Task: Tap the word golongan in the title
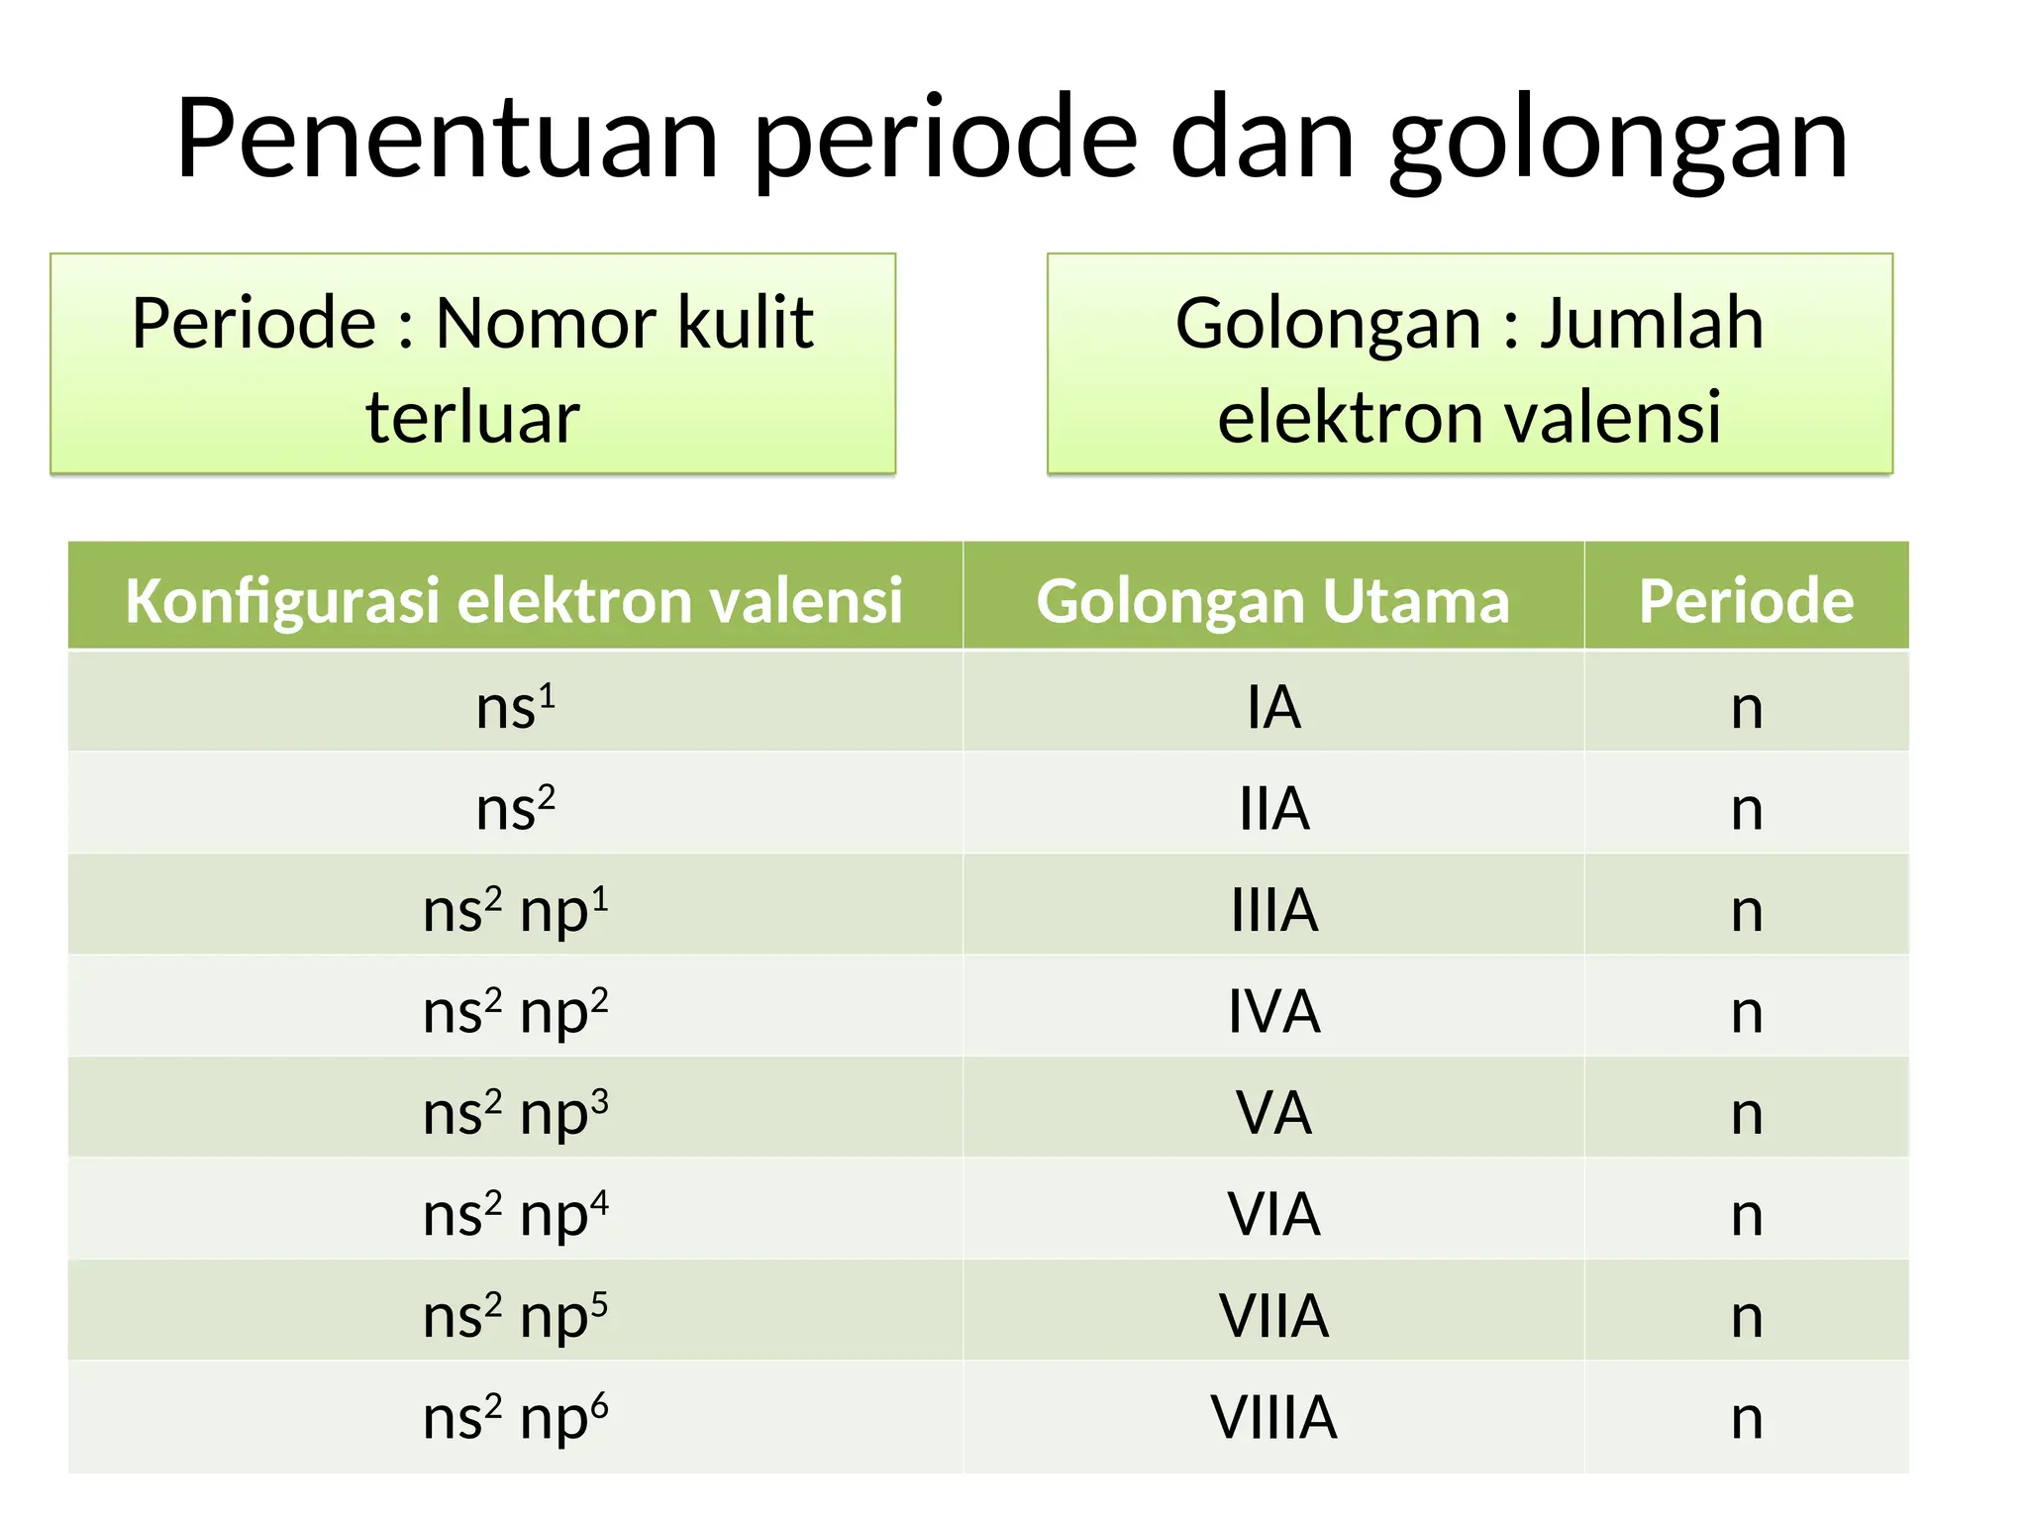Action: [1618, 141]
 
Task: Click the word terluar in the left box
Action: [472, 417]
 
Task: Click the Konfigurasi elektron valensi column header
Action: [514, 600]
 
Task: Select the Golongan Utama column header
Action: [1272, 600]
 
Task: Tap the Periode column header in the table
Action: [1746, 600]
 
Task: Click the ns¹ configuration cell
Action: [515, 706]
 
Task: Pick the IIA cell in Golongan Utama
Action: [1273, 808]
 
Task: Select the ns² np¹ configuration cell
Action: [515, 909]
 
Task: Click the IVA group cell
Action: [1273, 1011]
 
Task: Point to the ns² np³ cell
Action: [515, 1112]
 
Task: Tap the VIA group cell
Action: [1273, 1213]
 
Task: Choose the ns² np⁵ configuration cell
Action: [515, 1315]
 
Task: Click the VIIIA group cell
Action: [1273, 1417]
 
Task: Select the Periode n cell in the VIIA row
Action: [1747, 1315]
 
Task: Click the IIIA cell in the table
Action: [1273, 909]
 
